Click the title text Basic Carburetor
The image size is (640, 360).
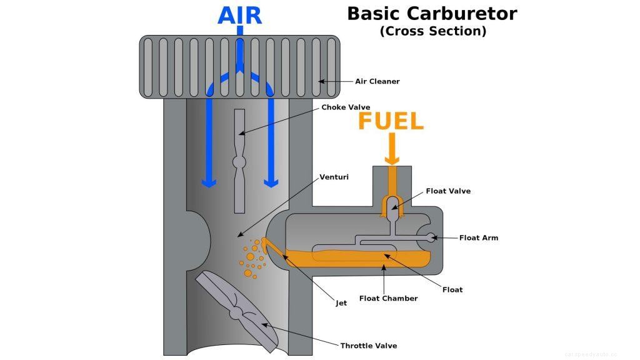click(432, 13)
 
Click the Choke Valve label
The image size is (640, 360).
click(346, 107)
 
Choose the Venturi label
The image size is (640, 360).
click(334, 177)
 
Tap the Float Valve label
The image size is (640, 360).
click(448, 191)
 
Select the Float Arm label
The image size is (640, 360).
click(478, 238)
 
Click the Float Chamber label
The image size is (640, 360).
click(388, 299)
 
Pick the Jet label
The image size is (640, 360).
click(341, 304)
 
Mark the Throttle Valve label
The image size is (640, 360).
click(368, 346)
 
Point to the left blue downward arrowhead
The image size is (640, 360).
click(208, 182)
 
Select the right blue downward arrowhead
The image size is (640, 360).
click(271, 182)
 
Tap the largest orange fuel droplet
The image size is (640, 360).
click(250, 256)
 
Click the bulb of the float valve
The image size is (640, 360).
click(392, 203)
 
